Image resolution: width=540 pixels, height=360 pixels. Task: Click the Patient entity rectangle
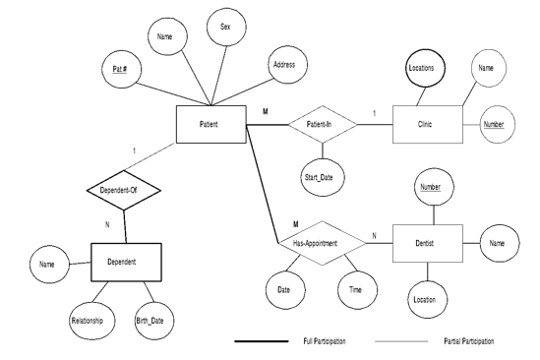(210, 126)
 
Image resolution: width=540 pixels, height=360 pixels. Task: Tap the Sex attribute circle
(225, 30)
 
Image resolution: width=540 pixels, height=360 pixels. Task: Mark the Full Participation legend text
(326, 342)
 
